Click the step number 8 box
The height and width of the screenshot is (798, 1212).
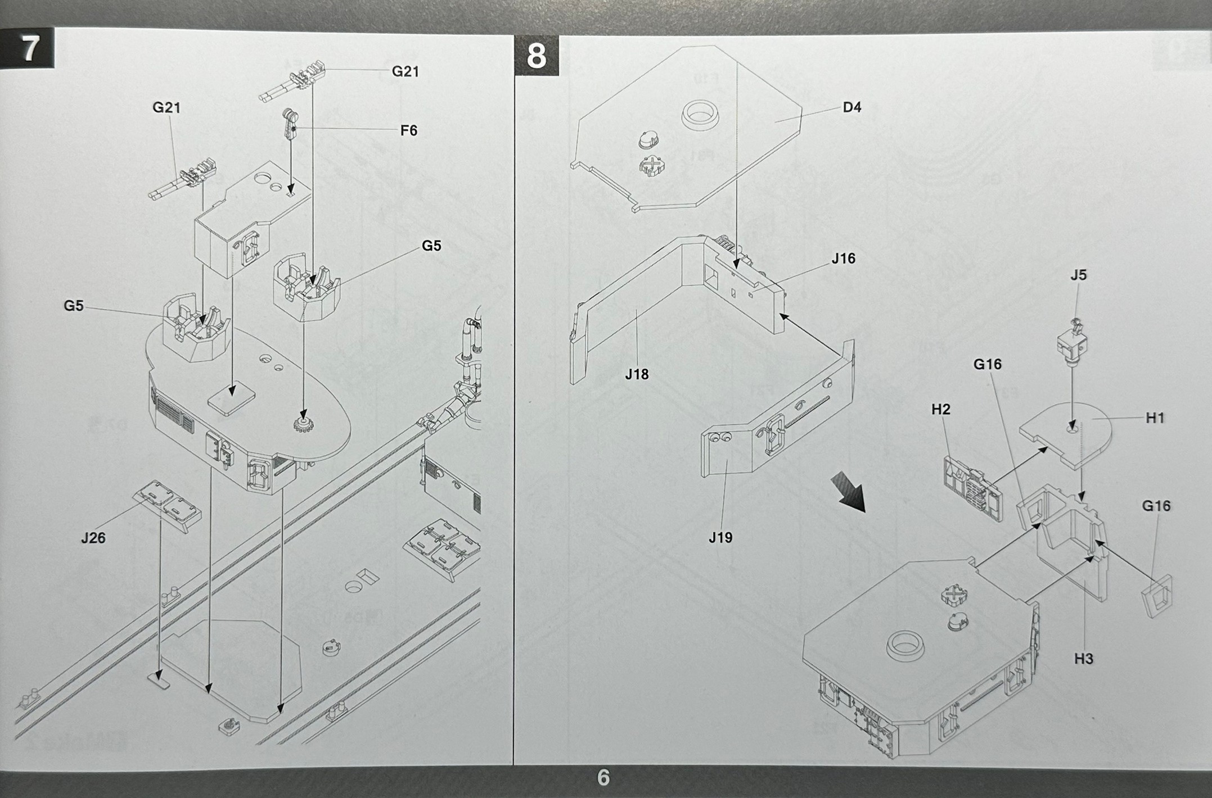coord(536,56)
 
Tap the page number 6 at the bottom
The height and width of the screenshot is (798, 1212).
coord(603,778)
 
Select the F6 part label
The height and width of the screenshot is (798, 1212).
coord(409,131)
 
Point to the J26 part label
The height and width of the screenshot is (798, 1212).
coord(93,538)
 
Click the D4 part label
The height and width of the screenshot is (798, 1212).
coord(852,107)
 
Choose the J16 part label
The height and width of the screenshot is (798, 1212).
coord(843,259)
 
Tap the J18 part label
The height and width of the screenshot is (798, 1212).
coord(637,374)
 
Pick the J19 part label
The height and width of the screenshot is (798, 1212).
coord(720,538)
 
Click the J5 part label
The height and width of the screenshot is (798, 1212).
coord(1078,275)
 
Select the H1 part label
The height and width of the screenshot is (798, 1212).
coord(1155,418)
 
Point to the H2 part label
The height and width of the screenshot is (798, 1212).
coord(940,409)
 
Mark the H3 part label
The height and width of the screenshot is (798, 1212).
coord(1083,659)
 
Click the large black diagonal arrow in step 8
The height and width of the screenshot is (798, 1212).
coord(849,491)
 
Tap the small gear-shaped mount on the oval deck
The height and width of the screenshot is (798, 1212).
coord(304,424)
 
